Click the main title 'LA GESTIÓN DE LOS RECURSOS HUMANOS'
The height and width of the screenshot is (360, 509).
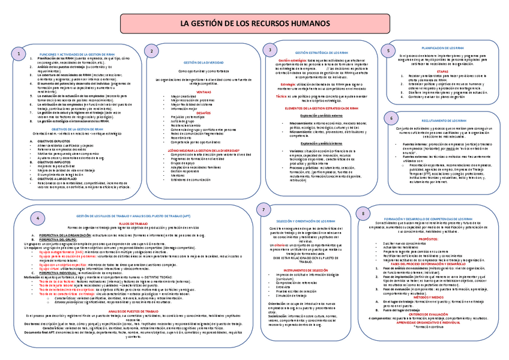[254, 23]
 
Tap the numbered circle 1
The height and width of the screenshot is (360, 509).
[21, 55]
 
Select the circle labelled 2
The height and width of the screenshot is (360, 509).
[152, 52]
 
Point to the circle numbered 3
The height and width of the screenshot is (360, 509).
[271, 50]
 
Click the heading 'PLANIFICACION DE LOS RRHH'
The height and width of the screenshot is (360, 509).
[443, 47]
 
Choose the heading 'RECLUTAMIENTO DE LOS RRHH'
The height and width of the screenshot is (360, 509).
[445, 121]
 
